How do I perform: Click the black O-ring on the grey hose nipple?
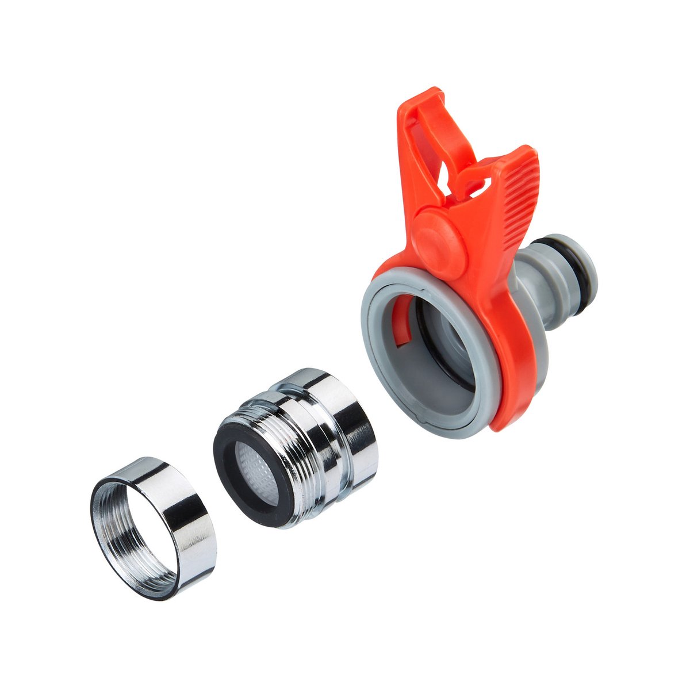coord(581,270)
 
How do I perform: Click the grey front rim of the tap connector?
coord(374,356)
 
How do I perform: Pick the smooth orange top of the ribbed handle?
coord(520,155)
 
